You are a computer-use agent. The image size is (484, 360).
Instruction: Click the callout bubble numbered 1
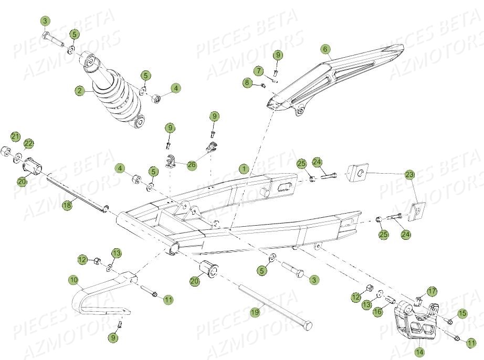(244, 169)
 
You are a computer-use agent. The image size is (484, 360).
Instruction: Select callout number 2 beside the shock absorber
(79, 91)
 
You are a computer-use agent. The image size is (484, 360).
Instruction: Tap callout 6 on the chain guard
(325, 50)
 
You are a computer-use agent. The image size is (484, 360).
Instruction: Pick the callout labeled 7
(258, 70)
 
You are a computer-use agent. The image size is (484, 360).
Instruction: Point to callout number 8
(247, 82)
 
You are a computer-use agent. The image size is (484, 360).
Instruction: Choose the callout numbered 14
(419, 352)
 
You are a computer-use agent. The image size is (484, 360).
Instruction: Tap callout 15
(461, 313)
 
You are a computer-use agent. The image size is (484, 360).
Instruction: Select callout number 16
(377, 312)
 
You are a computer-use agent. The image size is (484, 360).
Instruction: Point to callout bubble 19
(255, 313)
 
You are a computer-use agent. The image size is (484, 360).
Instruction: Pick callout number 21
(16, 137)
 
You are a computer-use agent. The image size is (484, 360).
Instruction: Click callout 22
(28, 144)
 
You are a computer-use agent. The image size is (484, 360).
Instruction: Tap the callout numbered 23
(409, 174)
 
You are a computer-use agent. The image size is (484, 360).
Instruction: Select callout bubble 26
(191, 165)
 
